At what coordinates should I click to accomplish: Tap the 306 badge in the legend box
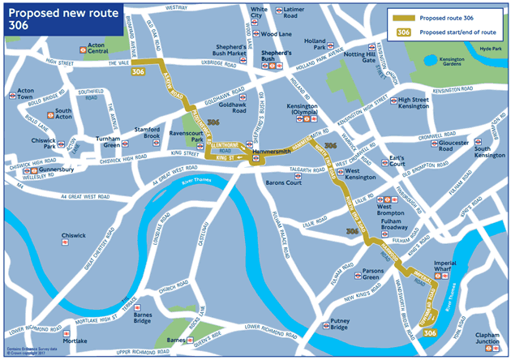coord(402,32)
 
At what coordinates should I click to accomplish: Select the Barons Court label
coord(284,182)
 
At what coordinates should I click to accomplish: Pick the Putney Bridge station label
coord(333,324)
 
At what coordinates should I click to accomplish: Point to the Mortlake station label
coord(75,341)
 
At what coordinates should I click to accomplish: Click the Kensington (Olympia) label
coord(309,111)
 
